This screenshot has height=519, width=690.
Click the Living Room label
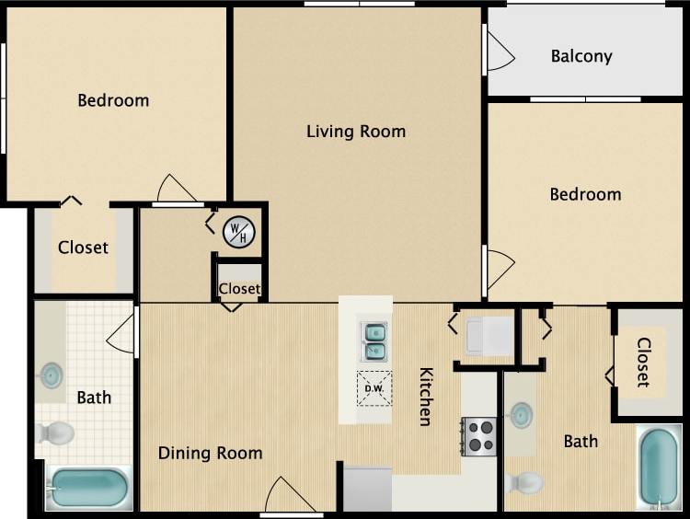[355, 132]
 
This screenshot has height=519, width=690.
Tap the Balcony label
[581, 56]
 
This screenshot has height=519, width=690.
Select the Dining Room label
[210, 453]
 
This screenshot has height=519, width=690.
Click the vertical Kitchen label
[426, 397]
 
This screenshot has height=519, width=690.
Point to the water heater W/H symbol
[237, 230]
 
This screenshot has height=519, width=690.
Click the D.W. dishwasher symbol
[374, 388]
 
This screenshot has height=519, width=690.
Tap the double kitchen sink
[374, 340]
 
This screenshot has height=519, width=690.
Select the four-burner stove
[478, 437]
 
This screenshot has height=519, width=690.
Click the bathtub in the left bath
[88, 488]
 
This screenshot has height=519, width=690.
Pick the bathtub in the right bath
[659, 468]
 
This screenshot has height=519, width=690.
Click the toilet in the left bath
[56, 432]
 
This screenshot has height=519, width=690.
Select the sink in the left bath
[52, 375]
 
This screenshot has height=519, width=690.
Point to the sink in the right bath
[521, 415]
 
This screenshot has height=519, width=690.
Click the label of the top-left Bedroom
[113, 100]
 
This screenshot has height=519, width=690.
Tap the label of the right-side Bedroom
[585, 194]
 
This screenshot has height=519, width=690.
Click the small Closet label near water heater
[239, 288]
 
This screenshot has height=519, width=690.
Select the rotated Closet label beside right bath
[643, 362]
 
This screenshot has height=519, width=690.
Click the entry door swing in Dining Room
[288, 497]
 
